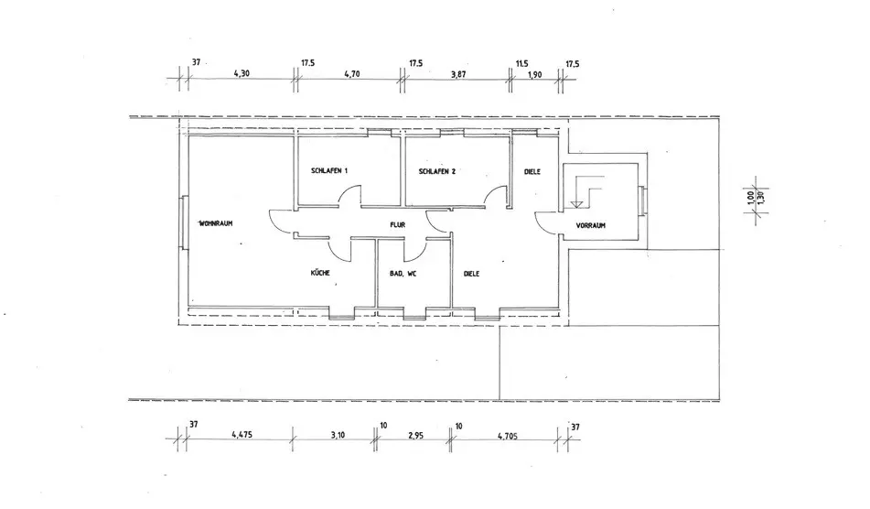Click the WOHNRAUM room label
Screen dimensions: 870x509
coord(218,222)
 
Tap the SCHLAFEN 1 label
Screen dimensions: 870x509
coord(329,172)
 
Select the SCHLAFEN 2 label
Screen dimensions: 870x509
coord(436,172)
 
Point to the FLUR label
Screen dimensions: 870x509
coord(397,222)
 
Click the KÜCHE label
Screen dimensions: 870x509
coord(320,273)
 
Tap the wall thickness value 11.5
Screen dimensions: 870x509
coord(522,63)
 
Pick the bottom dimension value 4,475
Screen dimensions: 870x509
coord(242,436)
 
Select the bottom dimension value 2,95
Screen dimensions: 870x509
coord(416,436)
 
